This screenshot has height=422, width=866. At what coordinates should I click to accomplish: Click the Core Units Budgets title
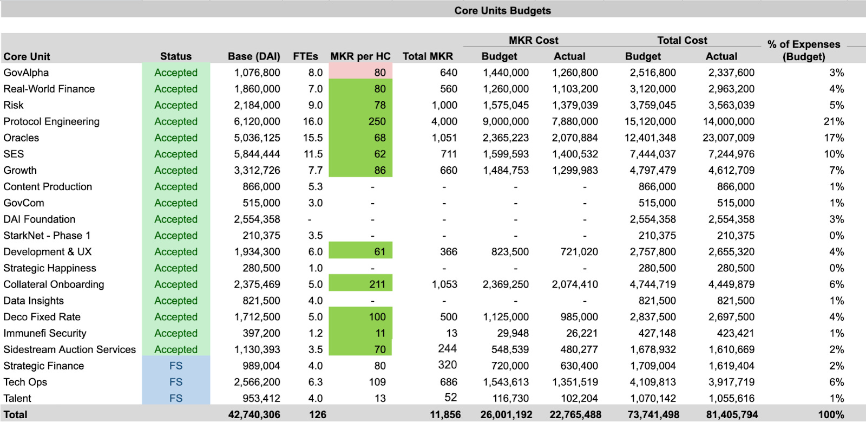[502, 10]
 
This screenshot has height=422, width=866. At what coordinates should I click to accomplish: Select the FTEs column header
[305, 56]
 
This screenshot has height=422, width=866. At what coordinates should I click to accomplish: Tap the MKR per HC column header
[360, 56]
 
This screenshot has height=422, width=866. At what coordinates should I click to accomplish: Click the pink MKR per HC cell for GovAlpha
[360, 73]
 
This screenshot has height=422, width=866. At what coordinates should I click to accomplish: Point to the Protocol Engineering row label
[51, 121]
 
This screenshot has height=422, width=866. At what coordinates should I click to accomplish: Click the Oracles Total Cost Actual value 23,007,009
[728, 138]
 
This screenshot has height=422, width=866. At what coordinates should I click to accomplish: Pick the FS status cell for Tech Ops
[176, 382]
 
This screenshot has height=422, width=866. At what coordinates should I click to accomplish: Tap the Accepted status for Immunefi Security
[176, 333]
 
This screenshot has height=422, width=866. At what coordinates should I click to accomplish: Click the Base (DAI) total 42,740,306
[254, 414]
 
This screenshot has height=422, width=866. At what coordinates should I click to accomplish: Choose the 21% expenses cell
[834, 121]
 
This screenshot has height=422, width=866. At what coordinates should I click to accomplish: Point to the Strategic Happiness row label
[50, 268]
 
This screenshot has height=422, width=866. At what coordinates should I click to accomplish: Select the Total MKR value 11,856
[445, 414]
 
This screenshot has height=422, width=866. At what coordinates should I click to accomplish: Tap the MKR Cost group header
[533, 40]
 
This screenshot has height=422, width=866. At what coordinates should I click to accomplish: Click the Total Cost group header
[682, 40]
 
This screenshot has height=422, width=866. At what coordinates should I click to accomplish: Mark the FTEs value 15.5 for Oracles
[313, 138]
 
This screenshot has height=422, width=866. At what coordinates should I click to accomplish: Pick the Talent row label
[17, 398]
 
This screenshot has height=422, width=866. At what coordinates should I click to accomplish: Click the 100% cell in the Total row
[831, 414]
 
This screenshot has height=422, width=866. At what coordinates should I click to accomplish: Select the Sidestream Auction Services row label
[69, 349]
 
